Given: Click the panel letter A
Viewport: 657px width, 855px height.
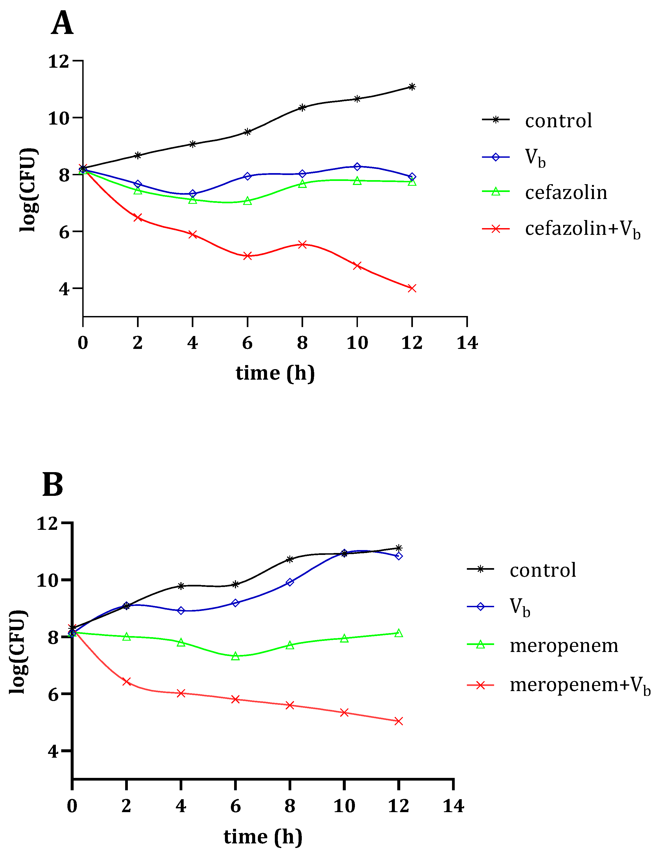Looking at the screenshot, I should tap(62, 23).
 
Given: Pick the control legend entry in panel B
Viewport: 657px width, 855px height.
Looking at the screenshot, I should tap(542, 570).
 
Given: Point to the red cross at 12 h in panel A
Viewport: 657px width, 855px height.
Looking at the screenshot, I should tap(412, 288).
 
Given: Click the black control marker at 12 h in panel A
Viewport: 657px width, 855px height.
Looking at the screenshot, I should tap(412, 87).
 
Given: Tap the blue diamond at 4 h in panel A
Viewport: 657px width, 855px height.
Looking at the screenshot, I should tap(192, 194).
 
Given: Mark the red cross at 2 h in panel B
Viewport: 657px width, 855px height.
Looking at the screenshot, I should tap(126, 681).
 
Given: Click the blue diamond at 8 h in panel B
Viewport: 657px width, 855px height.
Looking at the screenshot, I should tap(290, 582).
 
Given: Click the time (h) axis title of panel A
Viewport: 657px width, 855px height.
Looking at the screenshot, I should tap(275, 373).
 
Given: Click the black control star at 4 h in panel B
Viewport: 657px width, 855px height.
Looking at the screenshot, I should tap(181, 586).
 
